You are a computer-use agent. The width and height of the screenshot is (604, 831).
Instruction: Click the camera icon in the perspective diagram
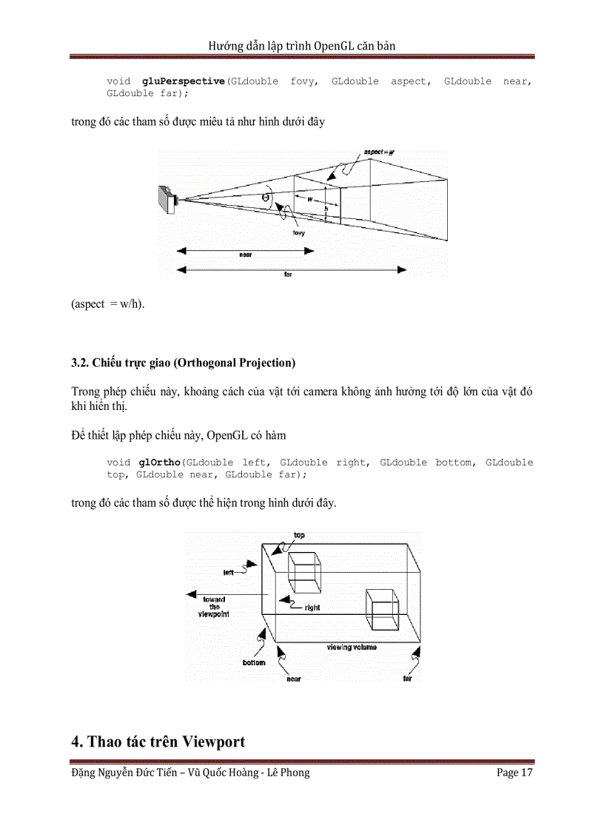tap(168, 199)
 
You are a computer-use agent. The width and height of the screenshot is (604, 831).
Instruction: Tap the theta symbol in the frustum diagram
tap(265, 198)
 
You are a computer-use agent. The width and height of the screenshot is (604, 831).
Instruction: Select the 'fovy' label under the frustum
tap(299, 232)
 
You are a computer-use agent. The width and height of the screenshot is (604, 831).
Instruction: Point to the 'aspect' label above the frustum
tap(378, 152)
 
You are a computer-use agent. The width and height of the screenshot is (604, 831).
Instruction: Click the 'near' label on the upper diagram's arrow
tap(245, 254)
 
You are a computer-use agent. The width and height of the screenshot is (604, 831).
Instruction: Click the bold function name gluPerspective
tap(182, 81)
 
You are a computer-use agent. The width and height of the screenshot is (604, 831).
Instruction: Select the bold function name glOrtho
tap(161, 462)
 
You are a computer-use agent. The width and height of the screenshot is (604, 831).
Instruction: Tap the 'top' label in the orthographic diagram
tap(299, 535)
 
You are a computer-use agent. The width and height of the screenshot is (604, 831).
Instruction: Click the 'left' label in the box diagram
tap(229, 572)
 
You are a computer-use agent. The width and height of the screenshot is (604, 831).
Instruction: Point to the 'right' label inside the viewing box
tap(312, 608)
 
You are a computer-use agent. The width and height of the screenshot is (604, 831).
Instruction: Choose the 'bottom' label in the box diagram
tap(253, 662)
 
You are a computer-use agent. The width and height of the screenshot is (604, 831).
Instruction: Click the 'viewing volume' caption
tap(352, 647)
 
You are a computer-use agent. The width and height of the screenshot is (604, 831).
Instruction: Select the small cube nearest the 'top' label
tap(303, 572)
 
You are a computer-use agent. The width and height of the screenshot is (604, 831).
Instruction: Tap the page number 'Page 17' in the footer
tap(514, 773)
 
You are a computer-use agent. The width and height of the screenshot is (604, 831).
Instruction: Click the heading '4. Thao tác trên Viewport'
tap(158, 741)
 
